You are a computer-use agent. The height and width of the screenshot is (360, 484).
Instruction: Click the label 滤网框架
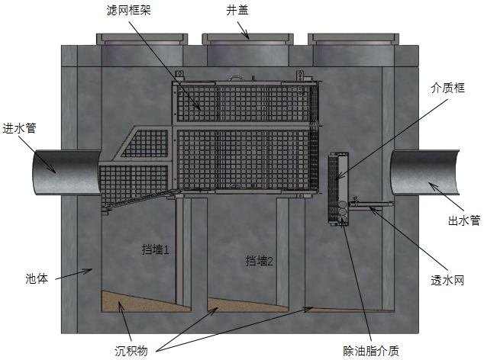tap(129, 11)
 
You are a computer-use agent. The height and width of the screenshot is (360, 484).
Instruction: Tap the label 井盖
tap(237, 11)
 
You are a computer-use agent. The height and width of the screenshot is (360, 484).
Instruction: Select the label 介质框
tap(447, 88)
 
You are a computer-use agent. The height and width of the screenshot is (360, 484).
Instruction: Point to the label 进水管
tap(19, 128)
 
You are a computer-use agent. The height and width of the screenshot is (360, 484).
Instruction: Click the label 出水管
tap(464, 220)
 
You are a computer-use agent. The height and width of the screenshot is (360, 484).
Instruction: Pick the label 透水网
tap(447, 280)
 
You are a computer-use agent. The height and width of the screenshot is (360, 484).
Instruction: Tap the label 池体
tap(37, 278)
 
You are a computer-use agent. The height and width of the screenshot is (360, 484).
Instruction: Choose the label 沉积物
tap(131, 351)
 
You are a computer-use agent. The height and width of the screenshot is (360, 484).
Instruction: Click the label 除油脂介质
tap(371, 351)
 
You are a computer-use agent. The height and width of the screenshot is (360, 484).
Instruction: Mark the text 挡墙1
tap(155, 249)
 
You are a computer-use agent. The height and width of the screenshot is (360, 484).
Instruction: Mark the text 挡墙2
tap(260, 261)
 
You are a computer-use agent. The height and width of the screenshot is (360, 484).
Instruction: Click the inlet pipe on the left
tap(66, 172)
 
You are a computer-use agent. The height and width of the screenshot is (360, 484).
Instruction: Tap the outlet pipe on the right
tap(424, 172)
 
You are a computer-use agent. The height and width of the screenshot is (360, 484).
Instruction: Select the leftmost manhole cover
tap(142, 39)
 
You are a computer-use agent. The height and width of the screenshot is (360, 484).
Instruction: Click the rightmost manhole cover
tap(353, 39)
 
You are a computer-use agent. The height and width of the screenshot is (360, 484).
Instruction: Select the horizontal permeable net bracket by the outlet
tap(371, 204)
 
